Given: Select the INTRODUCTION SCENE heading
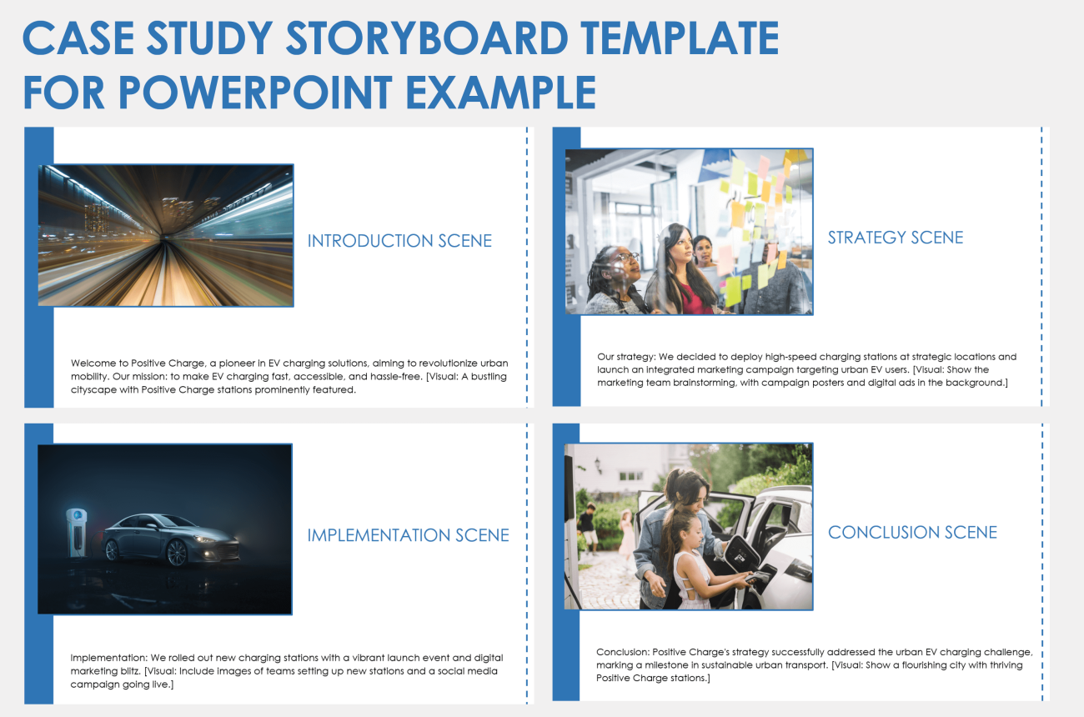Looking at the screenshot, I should (x=399, y=241).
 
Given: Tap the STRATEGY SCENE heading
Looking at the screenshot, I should (x=895, y=238).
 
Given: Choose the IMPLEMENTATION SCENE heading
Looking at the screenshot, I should (x=408, y=535).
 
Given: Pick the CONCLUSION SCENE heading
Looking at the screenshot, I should (x=912, y=532).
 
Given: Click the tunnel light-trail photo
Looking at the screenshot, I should (x=166, y=235).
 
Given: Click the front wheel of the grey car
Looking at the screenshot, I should (x=178, y=552).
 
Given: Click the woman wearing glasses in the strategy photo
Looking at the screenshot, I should (x=616, y=275).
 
